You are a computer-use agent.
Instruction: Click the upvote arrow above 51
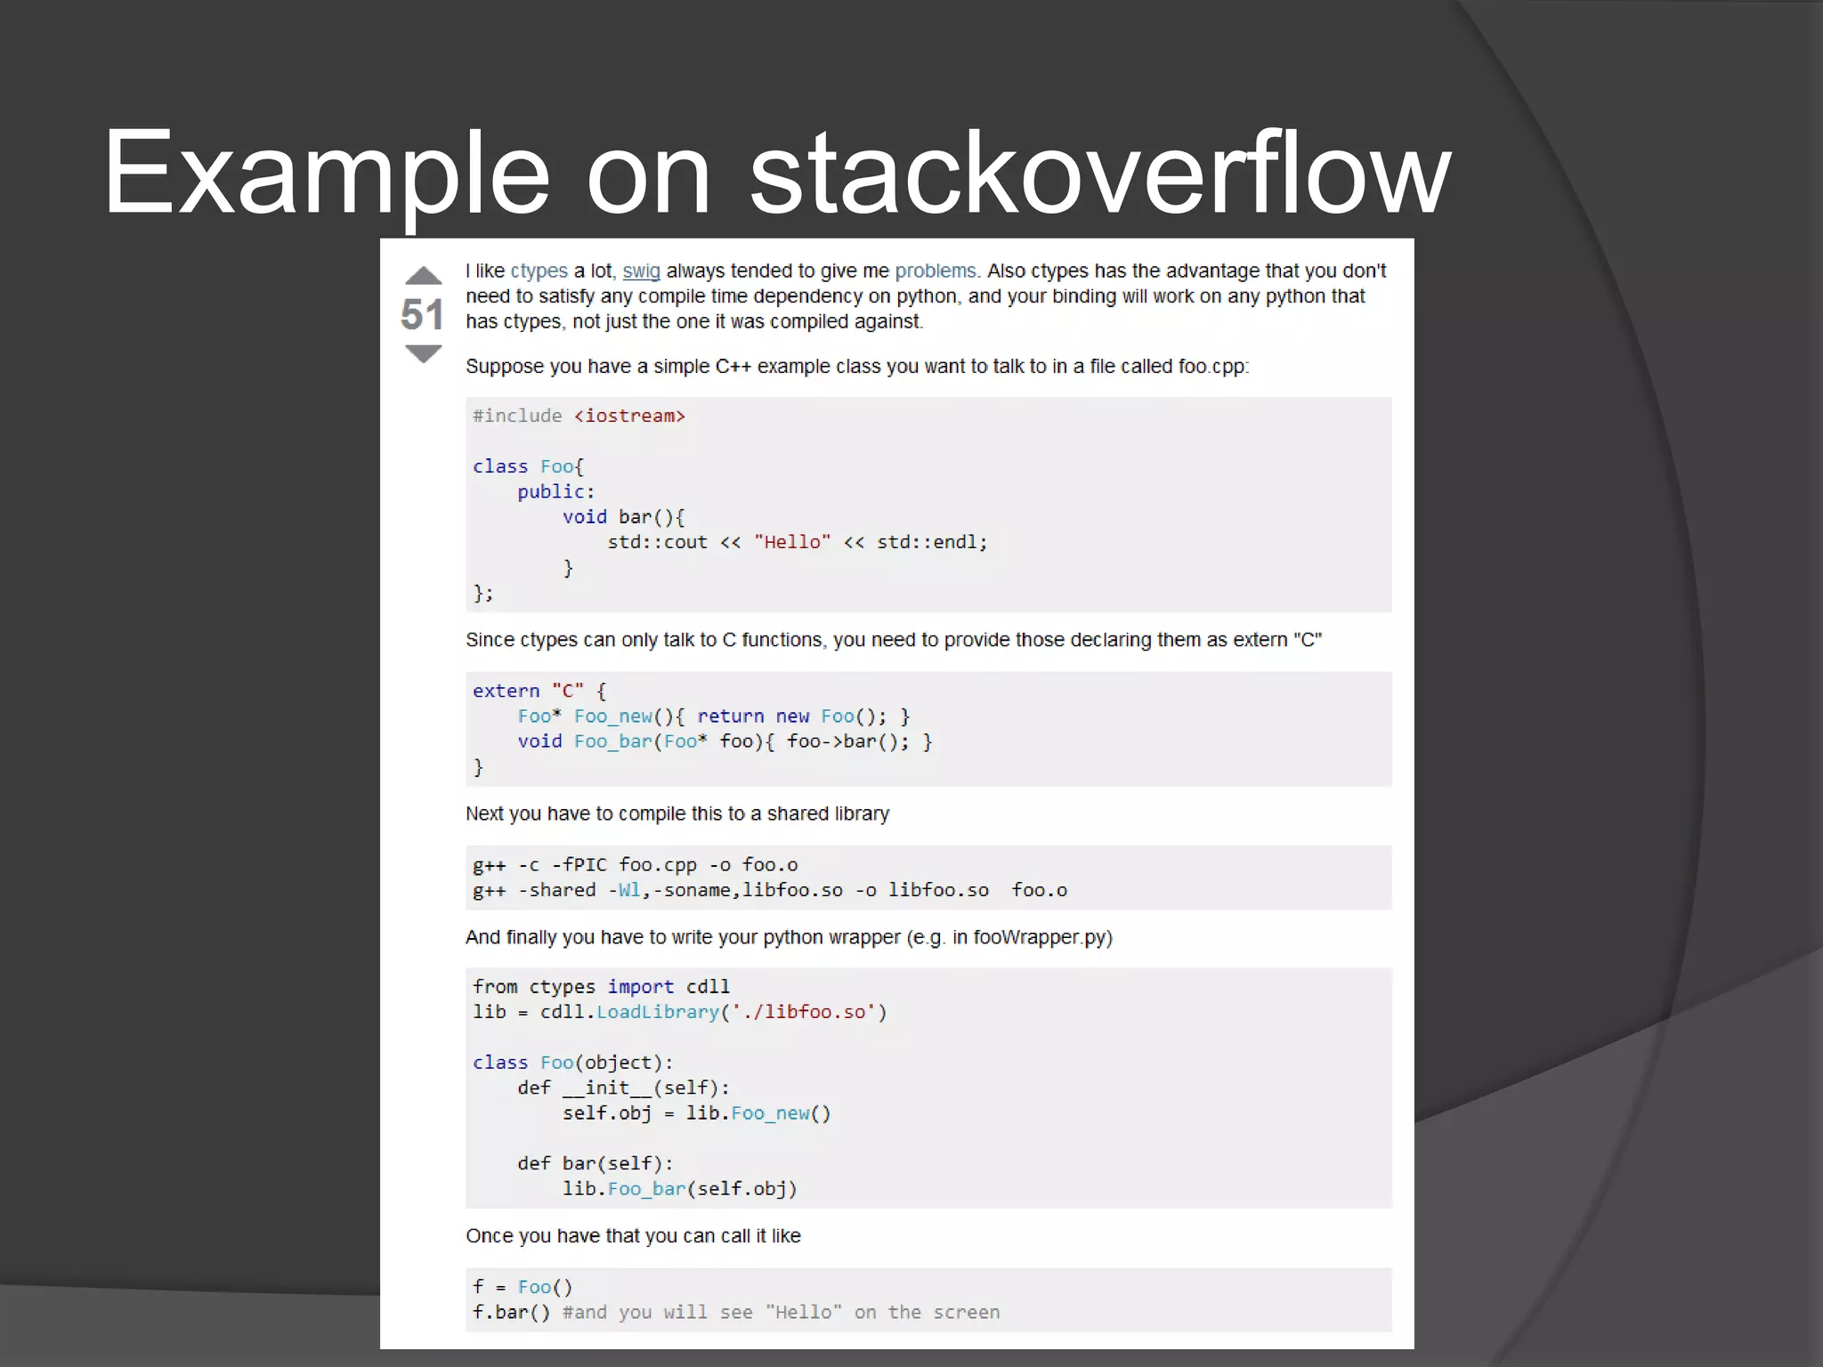point(423,276)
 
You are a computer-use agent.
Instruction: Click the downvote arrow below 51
point(423,354)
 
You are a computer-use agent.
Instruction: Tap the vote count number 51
point(422,315)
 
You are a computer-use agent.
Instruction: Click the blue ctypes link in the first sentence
point(539,271)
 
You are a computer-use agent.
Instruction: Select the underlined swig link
point(641,271)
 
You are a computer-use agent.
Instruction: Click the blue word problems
point(936,271)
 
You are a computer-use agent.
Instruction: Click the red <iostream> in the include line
point(629,416)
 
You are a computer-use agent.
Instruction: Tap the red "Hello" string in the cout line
point(792,542)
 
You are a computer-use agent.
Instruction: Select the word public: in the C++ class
point(555,491)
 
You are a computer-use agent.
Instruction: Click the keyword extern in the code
point(506,691)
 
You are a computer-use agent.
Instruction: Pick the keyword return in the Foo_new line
point(730,716)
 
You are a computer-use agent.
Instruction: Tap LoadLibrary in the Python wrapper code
point(657,1012)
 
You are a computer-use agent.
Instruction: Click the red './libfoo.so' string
point(804,1012)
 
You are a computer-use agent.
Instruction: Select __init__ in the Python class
point(607,1088)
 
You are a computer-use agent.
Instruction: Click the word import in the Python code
point(640,987)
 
